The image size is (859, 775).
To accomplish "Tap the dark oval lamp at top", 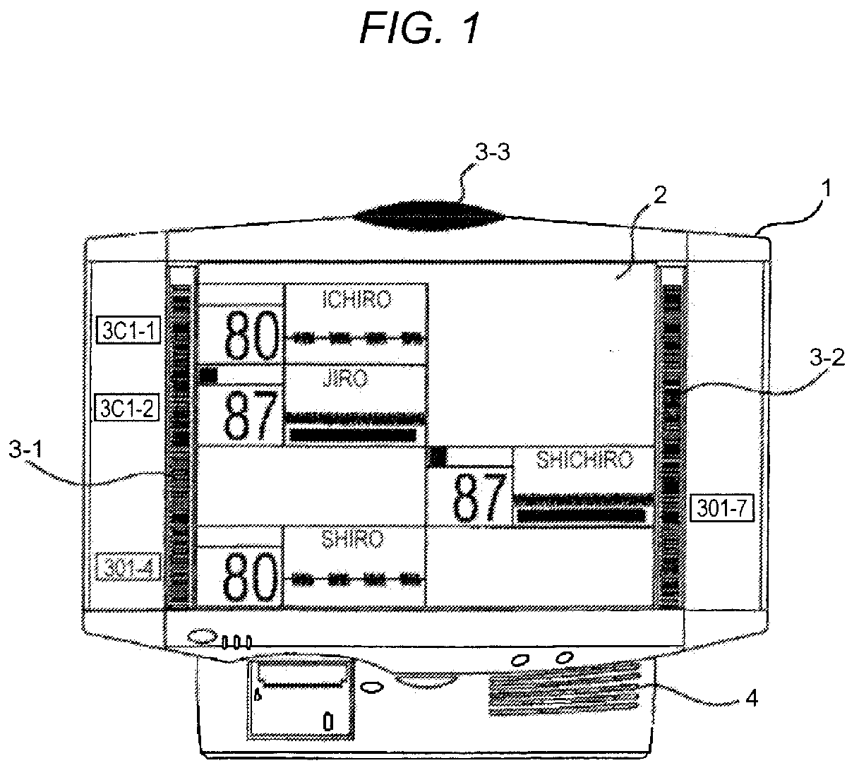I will [x=430, y=212].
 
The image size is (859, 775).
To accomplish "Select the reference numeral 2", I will [x=659, y=196].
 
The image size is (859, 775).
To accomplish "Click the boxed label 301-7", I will [x=721, y=507].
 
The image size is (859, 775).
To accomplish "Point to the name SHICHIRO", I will [x=584, y=460].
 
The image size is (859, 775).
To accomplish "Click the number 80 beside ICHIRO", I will [x=250, y=336].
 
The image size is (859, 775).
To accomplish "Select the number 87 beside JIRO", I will [x=249, y=416].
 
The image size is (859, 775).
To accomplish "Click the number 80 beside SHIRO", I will [x=248, y=577].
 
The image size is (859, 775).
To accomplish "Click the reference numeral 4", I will [x=751, y=699].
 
